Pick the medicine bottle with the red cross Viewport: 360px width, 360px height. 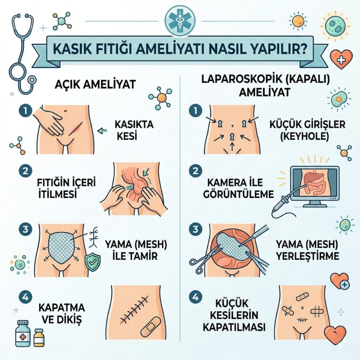click(x=23, y=333)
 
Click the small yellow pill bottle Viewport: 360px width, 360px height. click(x=39, y=337)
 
